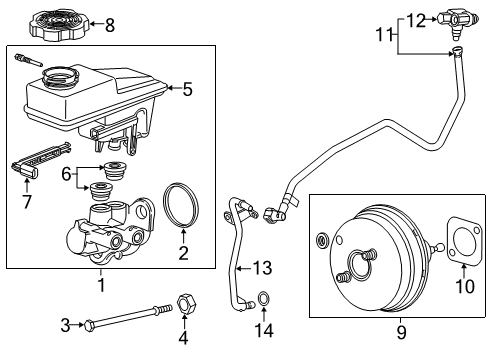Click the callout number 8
coord(110,24)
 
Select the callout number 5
coord(186,89)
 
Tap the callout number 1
coord(100,283)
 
